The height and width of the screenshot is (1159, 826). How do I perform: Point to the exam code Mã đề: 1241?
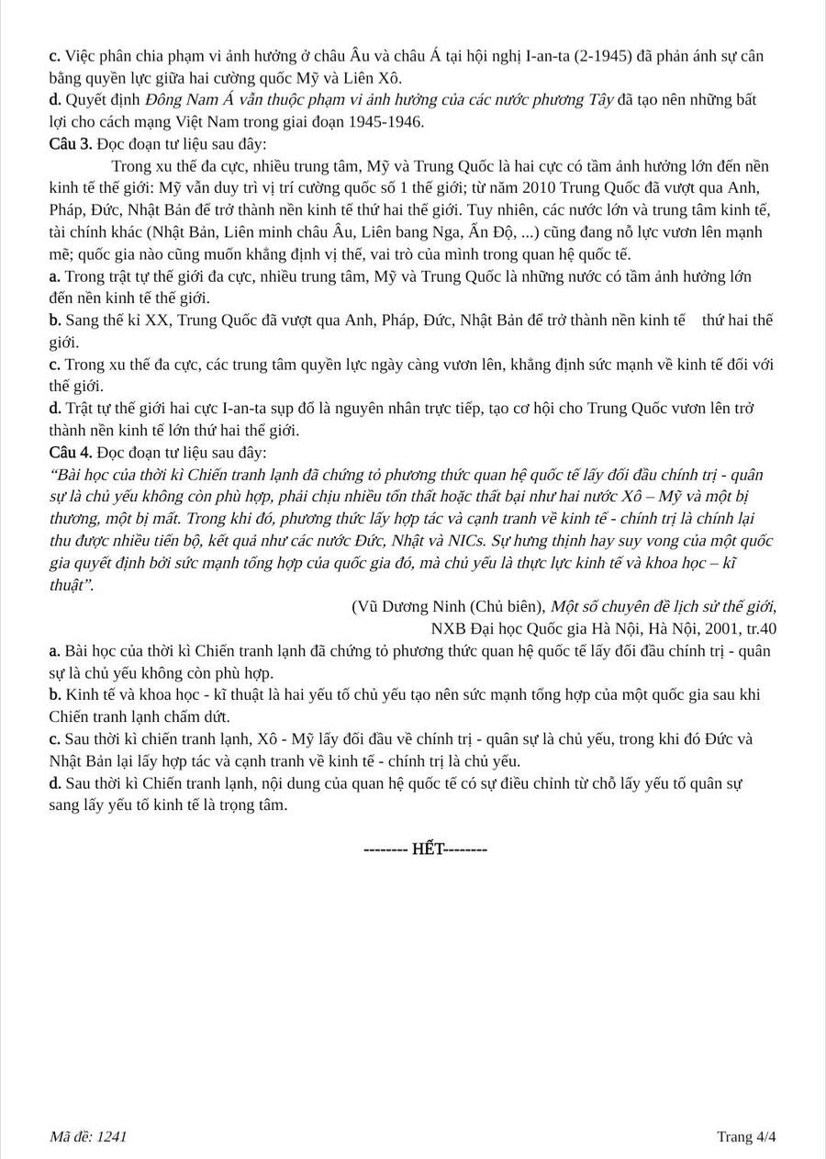(x=88, y=1137)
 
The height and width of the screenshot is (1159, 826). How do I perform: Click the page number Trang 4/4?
(x=746, y=1137)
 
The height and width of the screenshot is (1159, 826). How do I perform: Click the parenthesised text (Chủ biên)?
(x=508, y=606)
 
